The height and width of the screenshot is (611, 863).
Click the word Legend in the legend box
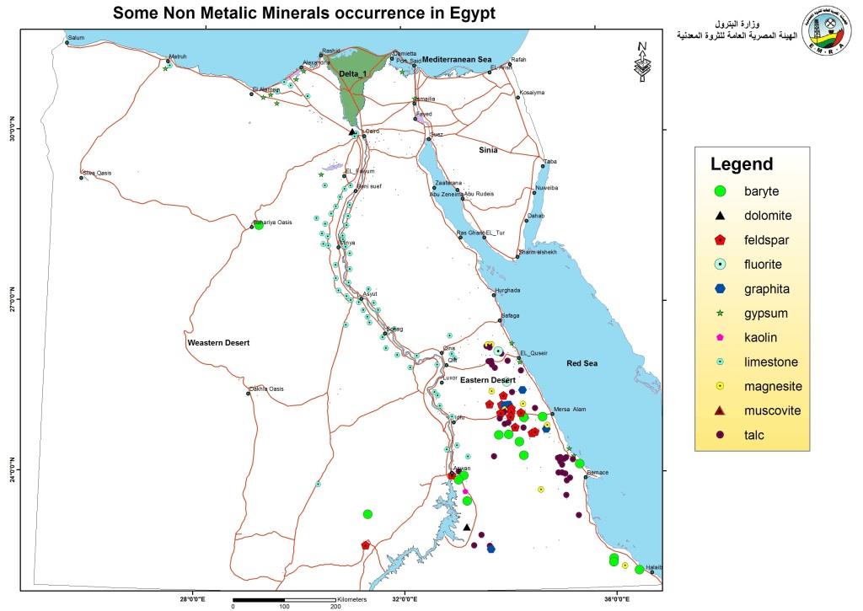click(x=741, y=164)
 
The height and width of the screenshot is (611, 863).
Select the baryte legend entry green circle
click(x=719, y=191)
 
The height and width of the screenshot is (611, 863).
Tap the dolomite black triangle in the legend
click(x=719, y=216)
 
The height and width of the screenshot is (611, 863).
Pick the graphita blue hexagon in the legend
click(x=719, y=289)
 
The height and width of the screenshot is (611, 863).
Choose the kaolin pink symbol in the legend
click(x=719, y=337)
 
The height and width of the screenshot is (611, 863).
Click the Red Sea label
click(x=582, y=363)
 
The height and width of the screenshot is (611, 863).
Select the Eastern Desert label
click(x=487, y=381)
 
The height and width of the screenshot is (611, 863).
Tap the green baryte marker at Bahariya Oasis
click(x=259, y=225)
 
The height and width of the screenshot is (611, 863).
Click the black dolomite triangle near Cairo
click(x=351, y=131)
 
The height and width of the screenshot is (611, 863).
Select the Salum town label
click(x=77, y=38)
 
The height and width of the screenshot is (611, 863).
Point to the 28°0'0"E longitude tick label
click(x=195, y=600)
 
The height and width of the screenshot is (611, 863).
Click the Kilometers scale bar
click(x=284, y=600)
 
